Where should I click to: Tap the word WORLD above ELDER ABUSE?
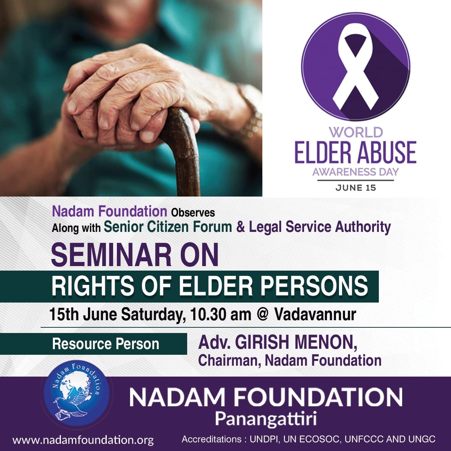coord(356,132)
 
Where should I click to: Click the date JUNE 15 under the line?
coord(356,188)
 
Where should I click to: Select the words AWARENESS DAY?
coord(356,172)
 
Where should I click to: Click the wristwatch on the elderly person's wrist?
coord(250,110)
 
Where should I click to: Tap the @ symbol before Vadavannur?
coord(263,315)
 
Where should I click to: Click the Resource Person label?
coord(106,344)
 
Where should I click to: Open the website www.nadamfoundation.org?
coord(83,440)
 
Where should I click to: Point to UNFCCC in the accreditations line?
coord(364,439)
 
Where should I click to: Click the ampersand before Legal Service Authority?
coord(241,227)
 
